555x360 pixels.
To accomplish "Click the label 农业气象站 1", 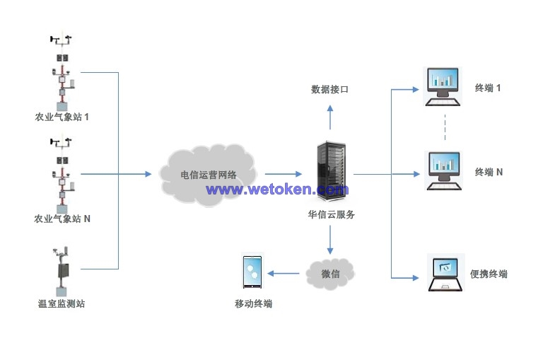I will click(62, 117).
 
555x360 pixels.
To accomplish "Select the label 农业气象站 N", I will click(62, 219).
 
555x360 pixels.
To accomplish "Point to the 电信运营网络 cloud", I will click(209, 173).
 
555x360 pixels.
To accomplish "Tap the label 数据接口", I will click(329, 89).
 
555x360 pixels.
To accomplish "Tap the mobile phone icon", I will click(252, 272).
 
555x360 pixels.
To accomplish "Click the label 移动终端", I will click(253, 304).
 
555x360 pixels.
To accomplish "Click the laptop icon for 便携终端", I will click(445, 273).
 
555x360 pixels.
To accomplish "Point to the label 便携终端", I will click(489, 274).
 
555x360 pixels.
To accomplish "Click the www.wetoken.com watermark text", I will click(277, 190).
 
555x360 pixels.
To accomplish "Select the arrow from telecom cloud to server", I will click(283, 174).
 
